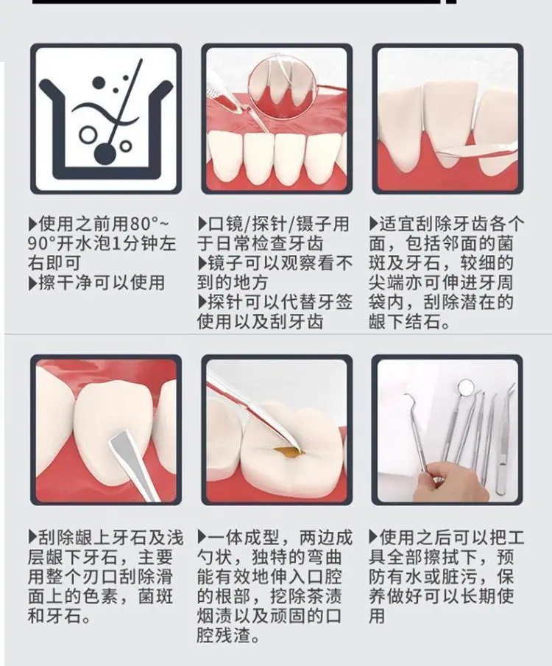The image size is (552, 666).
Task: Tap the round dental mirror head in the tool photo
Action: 466,386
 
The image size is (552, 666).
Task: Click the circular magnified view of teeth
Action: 283,87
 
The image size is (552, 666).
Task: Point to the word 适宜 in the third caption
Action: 397,224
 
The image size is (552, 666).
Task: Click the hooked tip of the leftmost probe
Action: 408,398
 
